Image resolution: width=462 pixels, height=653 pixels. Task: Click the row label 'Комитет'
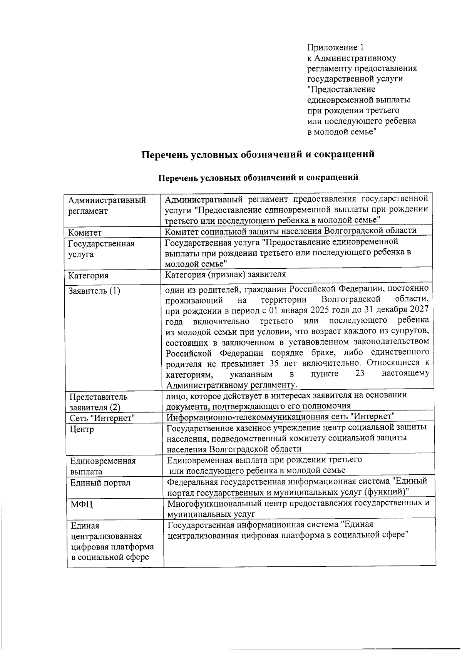click(85, 233)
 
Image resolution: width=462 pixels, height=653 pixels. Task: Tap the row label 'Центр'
click(82, 429)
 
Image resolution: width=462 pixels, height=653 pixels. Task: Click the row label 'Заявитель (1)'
click(94, 291)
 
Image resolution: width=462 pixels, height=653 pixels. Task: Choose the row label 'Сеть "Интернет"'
click(103, 418)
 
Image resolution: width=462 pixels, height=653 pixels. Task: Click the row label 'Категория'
click(88, 275)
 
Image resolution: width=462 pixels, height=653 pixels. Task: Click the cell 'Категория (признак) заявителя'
click(226, 274)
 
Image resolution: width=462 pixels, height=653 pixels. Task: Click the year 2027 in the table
click(419, 310)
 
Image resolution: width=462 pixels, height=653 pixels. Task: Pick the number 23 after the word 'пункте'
click(360, 373)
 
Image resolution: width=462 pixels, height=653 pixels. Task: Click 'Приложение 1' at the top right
click(335, 47)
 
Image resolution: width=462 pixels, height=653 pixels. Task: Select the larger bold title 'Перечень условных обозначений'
click(258, 154)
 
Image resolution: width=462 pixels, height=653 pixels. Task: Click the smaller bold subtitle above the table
click(258, 177)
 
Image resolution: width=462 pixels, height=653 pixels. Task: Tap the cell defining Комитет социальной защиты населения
click(291, 231)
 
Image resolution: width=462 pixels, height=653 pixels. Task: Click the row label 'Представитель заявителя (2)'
click(98, 402)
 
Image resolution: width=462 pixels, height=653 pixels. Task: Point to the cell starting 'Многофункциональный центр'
click(298, 508)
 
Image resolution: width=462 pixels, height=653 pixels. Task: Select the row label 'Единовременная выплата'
click(102, 466)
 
